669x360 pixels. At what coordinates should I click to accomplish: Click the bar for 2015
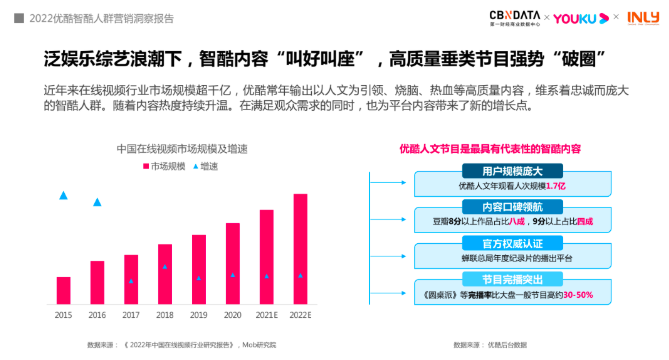click(x=63, y=290)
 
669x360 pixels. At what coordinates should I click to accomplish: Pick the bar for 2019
click(x=199, y=269)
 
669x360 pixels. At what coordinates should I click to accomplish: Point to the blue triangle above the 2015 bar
click(x=63, y=195)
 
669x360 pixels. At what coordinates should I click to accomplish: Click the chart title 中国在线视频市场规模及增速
click(x=181, y=149)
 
